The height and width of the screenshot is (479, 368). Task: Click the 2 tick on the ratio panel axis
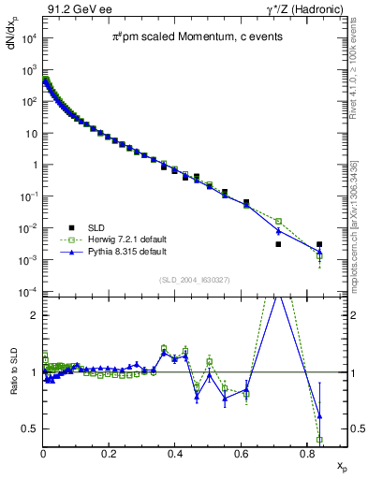(x=36, y=315)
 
